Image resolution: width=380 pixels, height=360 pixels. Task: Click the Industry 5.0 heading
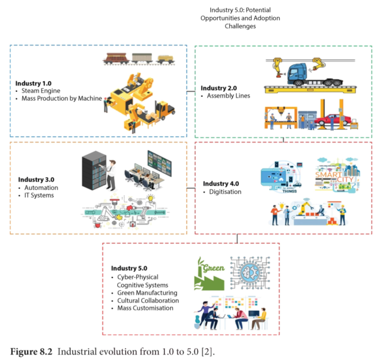tap(129, 268)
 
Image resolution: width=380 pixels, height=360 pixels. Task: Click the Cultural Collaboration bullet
tap(148, 301)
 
